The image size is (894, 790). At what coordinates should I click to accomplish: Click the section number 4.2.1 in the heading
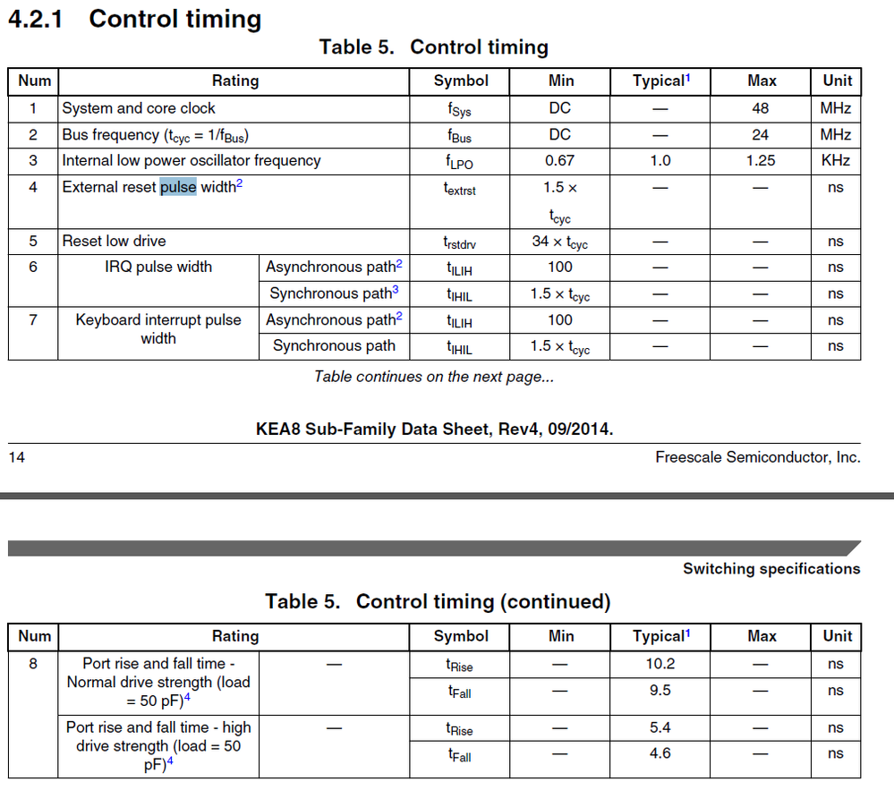tap(35, 19)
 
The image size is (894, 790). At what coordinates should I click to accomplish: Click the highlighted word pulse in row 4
tap(178, 187)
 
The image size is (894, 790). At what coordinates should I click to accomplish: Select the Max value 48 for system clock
tap(762, 108)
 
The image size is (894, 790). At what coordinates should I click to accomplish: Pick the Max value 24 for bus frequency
tap(762, 134)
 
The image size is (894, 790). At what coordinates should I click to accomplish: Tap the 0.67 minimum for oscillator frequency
tap(560, 161)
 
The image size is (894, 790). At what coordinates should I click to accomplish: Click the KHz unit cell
tap(836, 161)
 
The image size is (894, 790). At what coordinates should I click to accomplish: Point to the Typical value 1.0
tap(660, 161)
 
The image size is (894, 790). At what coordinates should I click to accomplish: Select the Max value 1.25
tap(762, 161)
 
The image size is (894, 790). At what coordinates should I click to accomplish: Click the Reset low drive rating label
tap(114, 241)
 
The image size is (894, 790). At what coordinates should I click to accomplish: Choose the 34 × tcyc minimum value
tap(560, 242)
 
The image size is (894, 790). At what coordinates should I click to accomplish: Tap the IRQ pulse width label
tap(158, 267)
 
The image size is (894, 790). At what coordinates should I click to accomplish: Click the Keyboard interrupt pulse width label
tap(158, 328)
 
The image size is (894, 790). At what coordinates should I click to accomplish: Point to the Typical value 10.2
tap(660, 664)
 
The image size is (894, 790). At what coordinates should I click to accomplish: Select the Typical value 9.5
tap(660, 691)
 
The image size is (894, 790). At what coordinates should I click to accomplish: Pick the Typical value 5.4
tap(660, 728)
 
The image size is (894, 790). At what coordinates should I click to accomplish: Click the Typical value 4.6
tap(660, 753)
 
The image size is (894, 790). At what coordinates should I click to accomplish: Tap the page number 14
tap(17, 457)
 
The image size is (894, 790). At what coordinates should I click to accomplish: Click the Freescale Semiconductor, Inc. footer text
tap(757, 457)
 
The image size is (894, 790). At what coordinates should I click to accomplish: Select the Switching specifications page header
tap(771, 568)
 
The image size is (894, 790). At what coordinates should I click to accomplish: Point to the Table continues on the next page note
tap(434, 377)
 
